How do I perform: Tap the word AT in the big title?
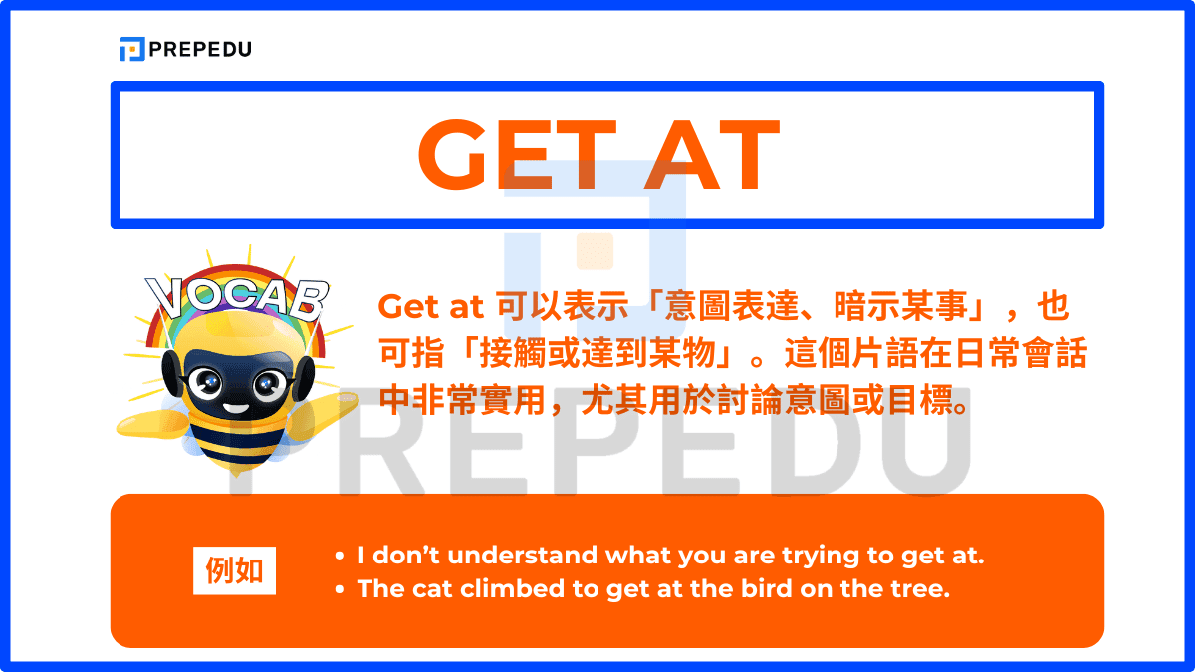click(x=710, y=156)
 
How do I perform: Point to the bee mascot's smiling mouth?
click(x=235, y=407)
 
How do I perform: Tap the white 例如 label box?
click(x=234, y=570)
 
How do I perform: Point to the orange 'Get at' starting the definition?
click(x=430, y=306)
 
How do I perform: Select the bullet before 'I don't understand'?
click(x=340, y=556)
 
